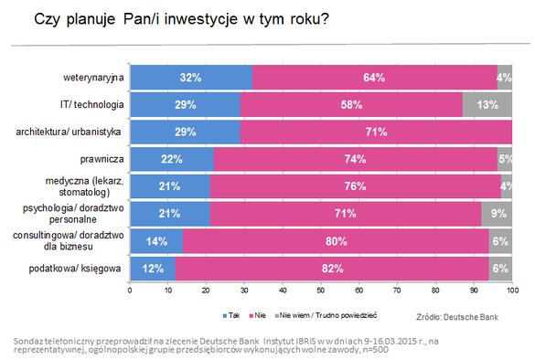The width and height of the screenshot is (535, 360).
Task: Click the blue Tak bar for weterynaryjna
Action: tap(191, 78)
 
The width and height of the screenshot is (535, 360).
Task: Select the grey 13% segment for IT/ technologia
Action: tap(487, 105)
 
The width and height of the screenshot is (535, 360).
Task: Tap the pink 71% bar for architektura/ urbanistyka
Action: tap(376, 132)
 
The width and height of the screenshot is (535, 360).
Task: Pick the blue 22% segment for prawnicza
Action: tap(172, 159)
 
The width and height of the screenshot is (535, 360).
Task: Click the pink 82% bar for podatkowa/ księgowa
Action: tap(332, 269)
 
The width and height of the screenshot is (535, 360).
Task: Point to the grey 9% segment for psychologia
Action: tap(497, 214)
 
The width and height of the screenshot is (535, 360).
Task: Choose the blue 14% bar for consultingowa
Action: tap(156, 241)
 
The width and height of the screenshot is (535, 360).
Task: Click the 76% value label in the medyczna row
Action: tap(355, 186)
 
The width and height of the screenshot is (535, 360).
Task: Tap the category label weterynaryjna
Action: tap(93, 78)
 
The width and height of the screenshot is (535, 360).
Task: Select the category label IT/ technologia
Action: tap(91, 105)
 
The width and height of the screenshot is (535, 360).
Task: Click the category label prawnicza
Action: tap(102, 159)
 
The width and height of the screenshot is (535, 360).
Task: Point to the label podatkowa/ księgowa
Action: tap(75, 269)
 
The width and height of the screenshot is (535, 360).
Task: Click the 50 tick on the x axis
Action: tap(321, 291)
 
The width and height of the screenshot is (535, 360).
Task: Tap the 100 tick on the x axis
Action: tap(512, 291)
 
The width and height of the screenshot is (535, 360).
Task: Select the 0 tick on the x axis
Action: tap(130, 291)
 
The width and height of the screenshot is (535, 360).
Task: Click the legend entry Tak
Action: tap(231, 315)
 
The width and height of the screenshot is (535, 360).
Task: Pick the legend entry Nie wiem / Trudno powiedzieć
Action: tap(326, 315)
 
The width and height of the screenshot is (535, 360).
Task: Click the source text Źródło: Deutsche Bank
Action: tap(457, 317)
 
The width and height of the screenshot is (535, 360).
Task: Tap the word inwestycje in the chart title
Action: tap(200, 19)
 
